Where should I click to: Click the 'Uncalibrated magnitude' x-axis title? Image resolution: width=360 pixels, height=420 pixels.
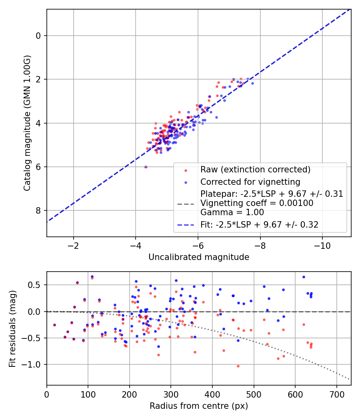tap(199, 257)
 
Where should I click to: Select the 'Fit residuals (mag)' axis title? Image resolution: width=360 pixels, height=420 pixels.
tap(12, 328)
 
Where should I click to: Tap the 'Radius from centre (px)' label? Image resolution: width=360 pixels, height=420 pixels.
tap(199, 406)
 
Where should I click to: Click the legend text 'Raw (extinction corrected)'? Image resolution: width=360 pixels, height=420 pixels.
tap(255, 170)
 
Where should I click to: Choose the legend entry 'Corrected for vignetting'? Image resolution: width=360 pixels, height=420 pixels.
tap(250, 182)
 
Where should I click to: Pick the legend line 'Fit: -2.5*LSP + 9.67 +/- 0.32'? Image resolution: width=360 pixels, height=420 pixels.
tap(259, 224)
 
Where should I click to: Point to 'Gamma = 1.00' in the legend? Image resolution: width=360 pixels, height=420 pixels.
tap(232, 212)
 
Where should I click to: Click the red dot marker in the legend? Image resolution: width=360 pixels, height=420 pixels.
tap(186, 170)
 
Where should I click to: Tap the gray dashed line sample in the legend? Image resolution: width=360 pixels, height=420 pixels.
tap(186, 204)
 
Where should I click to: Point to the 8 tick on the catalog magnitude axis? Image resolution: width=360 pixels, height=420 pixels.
tap(38, 211)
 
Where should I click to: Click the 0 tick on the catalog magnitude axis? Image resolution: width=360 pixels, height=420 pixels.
tap(38, 36)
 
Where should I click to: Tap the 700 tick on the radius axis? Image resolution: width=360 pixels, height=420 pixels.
tap(336, 394)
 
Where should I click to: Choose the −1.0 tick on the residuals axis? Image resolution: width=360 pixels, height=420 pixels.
tap(32, 364)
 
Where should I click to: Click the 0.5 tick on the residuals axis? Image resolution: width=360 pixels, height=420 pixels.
tap(34, 285)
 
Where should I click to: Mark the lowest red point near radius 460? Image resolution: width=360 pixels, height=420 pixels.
tap(238, 366)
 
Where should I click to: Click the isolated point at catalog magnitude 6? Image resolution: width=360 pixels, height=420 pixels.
tap(146, 167)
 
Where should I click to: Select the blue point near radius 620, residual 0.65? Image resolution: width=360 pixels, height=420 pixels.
tap(304, 277)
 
